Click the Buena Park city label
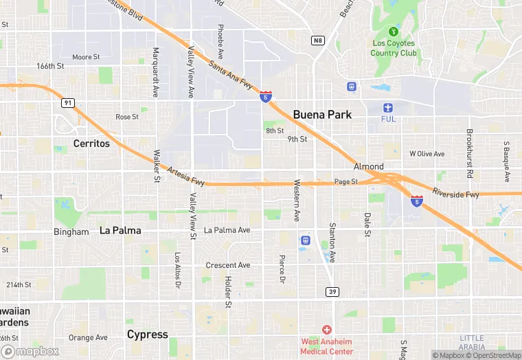(322, 115)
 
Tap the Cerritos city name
(91, 144)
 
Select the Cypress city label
(147, 335)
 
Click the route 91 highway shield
(67, 103)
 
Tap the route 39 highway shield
(331, 292)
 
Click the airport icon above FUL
(389, 107)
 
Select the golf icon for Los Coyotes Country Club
(394, 32)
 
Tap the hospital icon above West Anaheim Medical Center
(327, 330)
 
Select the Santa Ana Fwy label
(230, 74)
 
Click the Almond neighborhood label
(368, 167)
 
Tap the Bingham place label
(71, 232)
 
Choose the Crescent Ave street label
(228, 265)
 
